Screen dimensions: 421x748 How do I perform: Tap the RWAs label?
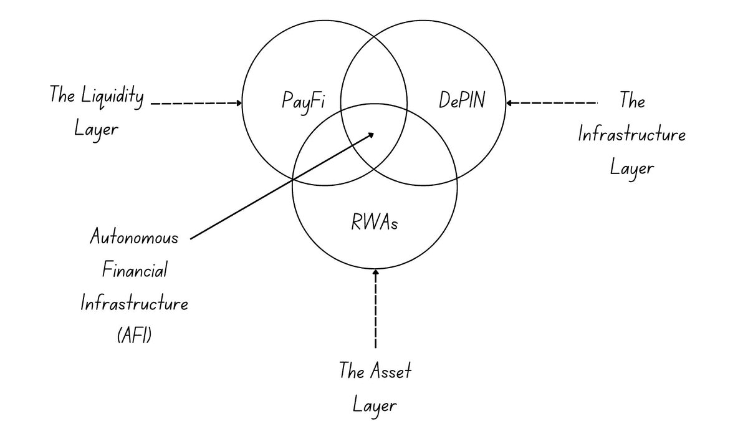pos(375,222)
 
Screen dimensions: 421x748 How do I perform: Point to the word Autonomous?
pos(134,238)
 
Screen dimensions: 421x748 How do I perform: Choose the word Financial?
pos(134,271)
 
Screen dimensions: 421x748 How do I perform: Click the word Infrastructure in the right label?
pos(632,135)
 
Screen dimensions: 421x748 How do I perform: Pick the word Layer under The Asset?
pos(375,405)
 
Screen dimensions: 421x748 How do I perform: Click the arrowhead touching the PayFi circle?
pos(239,103)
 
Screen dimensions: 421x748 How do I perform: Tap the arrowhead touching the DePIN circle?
pos(509,103)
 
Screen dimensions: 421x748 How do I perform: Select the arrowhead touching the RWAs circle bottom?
pos(375,272)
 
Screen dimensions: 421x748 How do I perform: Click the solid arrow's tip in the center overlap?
pos(372,133)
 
